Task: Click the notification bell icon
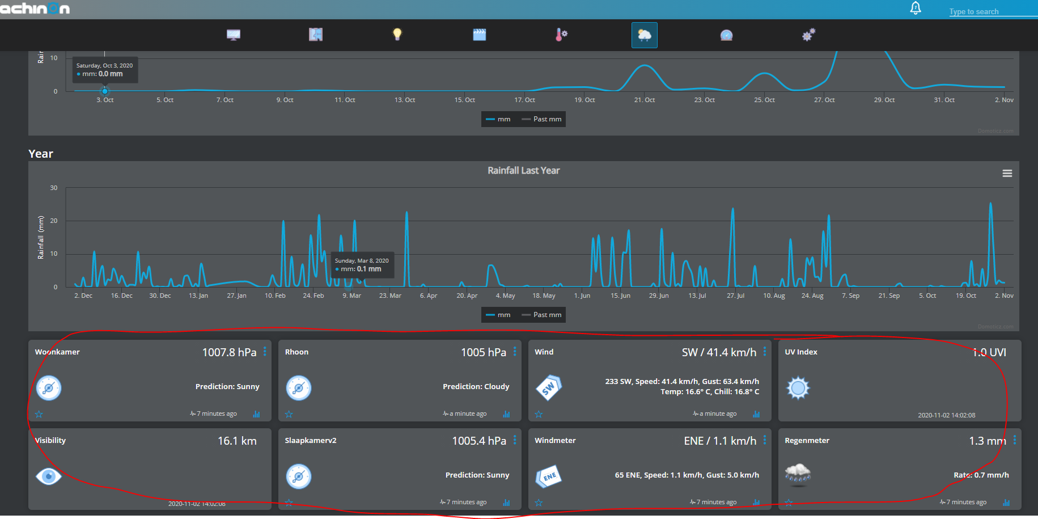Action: tap(915, 8)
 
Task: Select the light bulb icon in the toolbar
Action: tap(397, 35)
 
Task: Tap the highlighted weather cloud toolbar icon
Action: tap(644, 35)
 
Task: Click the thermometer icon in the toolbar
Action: tap(561, 35)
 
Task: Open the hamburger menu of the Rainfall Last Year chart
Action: tap(1007, 174)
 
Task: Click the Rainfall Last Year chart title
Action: tap(523, 171)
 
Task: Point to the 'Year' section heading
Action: tap(41, 154)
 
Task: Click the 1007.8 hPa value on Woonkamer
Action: tap(229, 352)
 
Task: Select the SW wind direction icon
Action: tap(548, 388)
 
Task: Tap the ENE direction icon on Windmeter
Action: tap(548, 476)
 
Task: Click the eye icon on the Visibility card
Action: tap(49, 476)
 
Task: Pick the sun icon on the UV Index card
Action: tap(798, 388)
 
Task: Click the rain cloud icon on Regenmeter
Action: tap(798, 475)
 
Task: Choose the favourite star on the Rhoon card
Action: tap(289, 414)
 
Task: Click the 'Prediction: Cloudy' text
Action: tap(476, 387)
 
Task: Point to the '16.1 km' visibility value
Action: tap(237, 441)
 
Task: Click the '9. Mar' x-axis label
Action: tap(351, 296)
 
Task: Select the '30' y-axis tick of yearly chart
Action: tap(54, 188)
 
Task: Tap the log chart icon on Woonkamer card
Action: tap(256, 414)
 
